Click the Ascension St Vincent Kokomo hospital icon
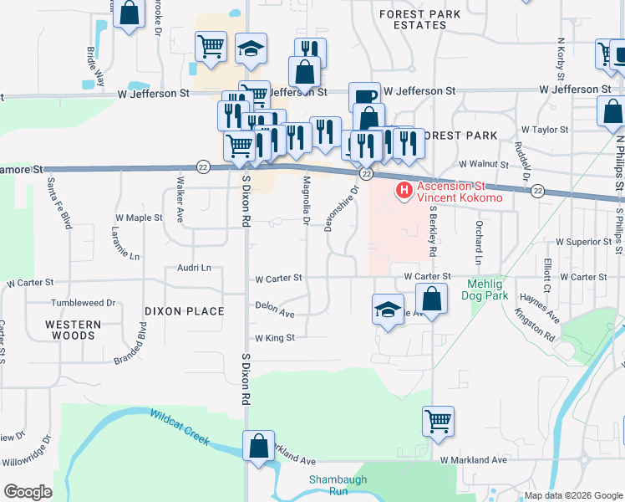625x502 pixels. [x=405, y=192]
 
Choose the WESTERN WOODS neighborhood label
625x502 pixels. [x=74, y=330]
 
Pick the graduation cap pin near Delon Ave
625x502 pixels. [x=389, y=309]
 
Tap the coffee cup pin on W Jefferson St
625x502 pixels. [x=364, y=97]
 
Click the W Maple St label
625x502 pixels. [x=138, y=218]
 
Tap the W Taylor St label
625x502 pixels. [x=544, y=130]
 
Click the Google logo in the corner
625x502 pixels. [x=28, y=492]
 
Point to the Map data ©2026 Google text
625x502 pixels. [x=572, y=495]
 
